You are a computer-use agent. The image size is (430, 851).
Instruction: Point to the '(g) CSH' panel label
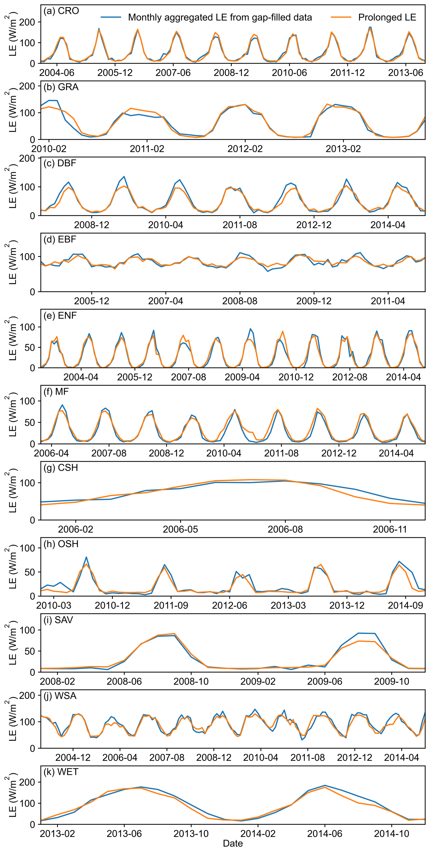click(61, 467)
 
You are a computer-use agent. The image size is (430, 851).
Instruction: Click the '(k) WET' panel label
click(61, 772)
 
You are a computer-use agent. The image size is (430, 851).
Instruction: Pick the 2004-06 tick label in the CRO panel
click(57, 73)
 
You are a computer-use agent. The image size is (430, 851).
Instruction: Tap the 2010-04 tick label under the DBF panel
click(165, 225)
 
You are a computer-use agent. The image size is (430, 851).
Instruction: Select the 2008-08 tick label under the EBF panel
click(240, 301)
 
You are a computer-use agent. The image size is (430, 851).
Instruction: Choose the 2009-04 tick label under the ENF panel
click(242, 377)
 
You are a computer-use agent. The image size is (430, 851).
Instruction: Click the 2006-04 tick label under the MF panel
click(51, 453)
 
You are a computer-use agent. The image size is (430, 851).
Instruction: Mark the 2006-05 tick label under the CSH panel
click(180, 529)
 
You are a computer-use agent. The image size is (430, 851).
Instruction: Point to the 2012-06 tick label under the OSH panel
click(230, 605)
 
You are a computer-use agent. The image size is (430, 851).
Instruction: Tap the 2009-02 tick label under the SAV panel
click(258, 681)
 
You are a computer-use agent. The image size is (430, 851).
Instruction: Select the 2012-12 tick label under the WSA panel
click(355, 757)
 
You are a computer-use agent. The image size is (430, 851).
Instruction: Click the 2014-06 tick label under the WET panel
click(325, 834)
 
